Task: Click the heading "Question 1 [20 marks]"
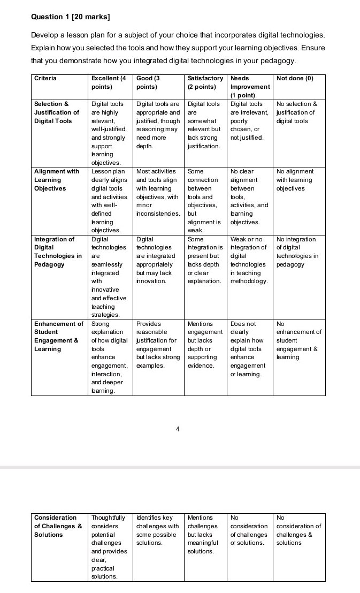pyautogui.click(x=71, y=17)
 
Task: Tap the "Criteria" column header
pyautogui.click(x=45, y=78)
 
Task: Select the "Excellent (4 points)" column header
pyautogui.click(x=109, y=82)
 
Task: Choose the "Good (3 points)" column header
pyautogui.click(x=149, y=82)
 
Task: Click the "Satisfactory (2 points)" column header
pyautogui.click(x=205, y=82)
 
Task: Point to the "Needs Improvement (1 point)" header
pyautogui.click(x=250, y=86)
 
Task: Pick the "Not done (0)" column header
pyautogui.click(x=294, y=78)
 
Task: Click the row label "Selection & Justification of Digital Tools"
pyautogui.click(x=57, y=112)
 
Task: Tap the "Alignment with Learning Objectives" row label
pyautogui.click(x=57, y=180)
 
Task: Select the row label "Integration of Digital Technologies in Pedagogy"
pyautogui.click(x=58, y=252)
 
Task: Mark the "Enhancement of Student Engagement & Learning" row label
pyautogui.click(x=58, y=336)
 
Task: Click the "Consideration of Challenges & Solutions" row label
pyautogui.click(x=58, y=526)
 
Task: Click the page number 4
pyautogui.click(x=178, y=428)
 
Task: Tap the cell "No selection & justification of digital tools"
pyautogui.click(x=297, y=112)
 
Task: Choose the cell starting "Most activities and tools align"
pyautogui.click(x=157, y=192)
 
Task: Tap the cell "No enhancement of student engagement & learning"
pyautogui.click(x=298, y=340)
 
